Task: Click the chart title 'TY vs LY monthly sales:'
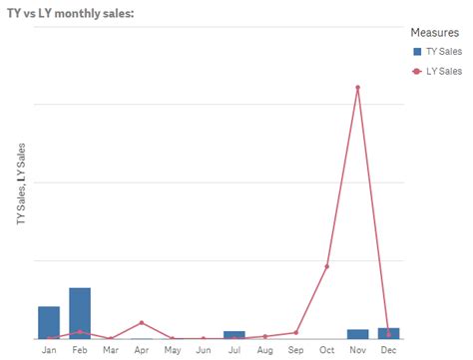(70, 11)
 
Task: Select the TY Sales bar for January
(49, 322)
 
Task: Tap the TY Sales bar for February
(80, 313)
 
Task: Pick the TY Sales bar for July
(235, 334)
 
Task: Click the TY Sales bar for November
(358, 333)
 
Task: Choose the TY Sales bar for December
(389, 332)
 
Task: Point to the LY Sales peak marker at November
(358, 88)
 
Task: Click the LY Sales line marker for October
(327, 266)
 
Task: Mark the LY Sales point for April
(142, 323)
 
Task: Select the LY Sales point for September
(296, 332)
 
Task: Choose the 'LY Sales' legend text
(444, 71)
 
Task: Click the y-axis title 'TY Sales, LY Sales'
(22, 184)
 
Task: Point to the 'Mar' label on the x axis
(111, 350)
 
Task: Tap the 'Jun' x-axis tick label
(204, 350)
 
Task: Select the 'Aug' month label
(265, 350)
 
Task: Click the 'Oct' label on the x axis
(327, 350)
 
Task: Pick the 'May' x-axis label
(173, 350)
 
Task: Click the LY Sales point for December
(389, 335)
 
